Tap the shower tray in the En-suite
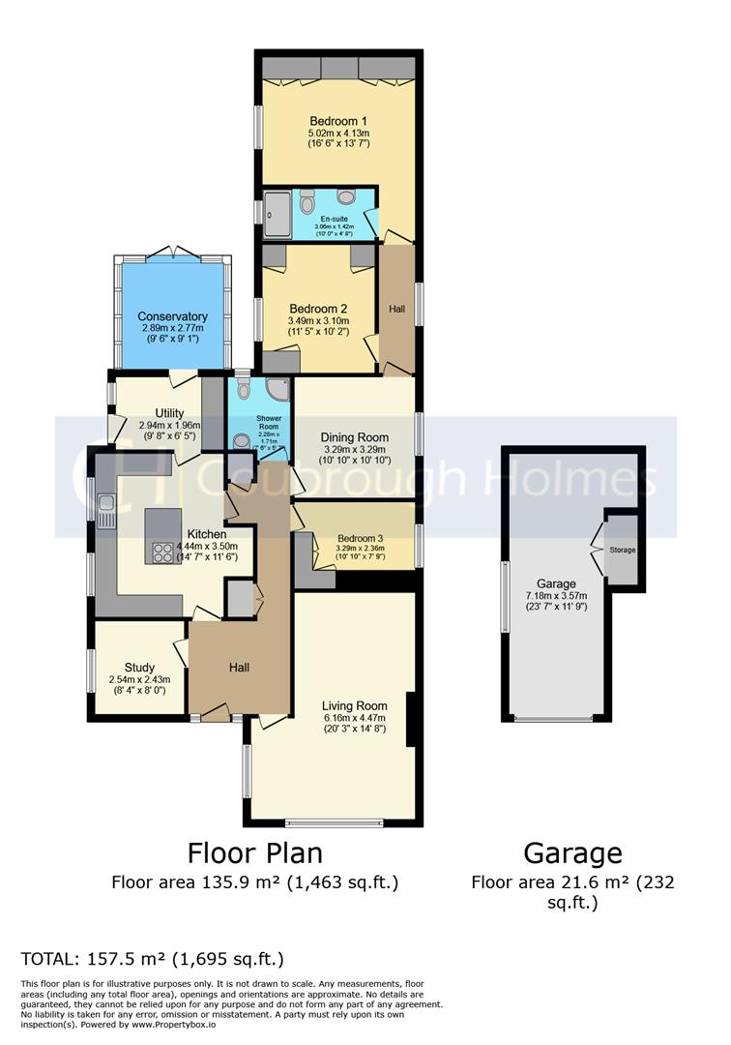(x=278, y=214)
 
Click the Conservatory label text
(x=172, y=316)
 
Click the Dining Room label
(x=354, y=436)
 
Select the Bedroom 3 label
(x=360, y=539)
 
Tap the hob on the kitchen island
(x=160, y=552)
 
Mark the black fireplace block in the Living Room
(x=411, y=719)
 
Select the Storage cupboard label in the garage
(x=623, y=550)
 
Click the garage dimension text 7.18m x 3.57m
(x=556, y=596)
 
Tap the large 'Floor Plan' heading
(x=254, y=852)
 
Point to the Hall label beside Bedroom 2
(x=396, y=309)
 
